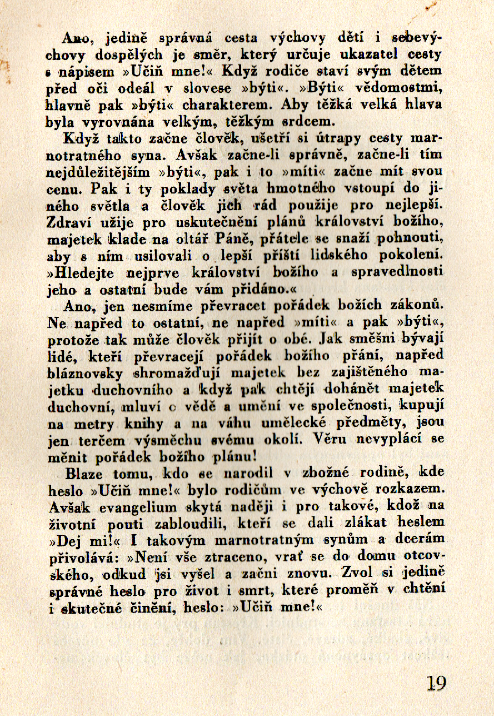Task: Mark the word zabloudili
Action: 201,524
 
